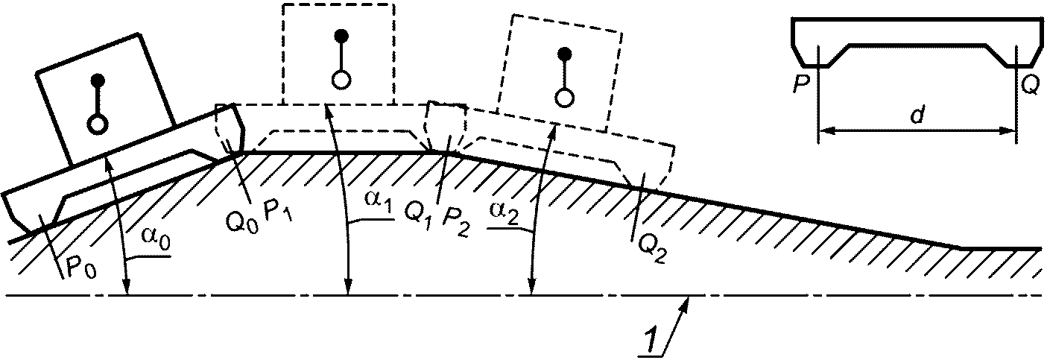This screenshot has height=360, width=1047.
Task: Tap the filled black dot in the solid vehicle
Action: point(98,79)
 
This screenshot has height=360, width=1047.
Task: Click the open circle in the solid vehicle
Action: point(96,124)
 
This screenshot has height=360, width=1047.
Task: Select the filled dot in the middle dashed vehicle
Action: point(341,35)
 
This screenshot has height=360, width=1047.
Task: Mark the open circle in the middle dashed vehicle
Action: point(341,79)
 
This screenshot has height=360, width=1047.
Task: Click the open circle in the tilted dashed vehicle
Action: point(565,97)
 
